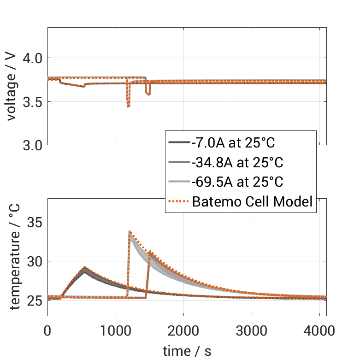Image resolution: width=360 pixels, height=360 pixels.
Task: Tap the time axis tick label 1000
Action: (x=115, y=331)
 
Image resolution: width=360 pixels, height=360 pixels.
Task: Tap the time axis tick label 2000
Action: (x=183, y=331)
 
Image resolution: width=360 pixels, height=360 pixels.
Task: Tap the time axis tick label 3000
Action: (x=252, y=331)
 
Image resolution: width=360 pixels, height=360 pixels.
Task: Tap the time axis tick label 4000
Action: (x=320, y=331)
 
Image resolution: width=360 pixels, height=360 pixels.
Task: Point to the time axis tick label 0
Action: (x=47, y=331)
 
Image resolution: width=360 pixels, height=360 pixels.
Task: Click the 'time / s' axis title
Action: (x=187, y=351)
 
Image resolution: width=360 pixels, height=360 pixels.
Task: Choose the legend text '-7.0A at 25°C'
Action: (x=233, y=143)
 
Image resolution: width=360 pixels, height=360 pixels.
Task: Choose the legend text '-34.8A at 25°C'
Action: (x=237, y=162)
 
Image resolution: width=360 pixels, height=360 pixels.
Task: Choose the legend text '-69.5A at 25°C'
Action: (x=237, y=182)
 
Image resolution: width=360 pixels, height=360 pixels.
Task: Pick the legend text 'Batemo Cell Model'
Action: (x=253, y=201)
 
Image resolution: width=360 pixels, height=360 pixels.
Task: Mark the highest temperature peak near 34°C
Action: (x=130, y=232)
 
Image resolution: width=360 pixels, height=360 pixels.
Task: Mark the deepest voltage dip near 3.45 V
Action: (x=128, y=106)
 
